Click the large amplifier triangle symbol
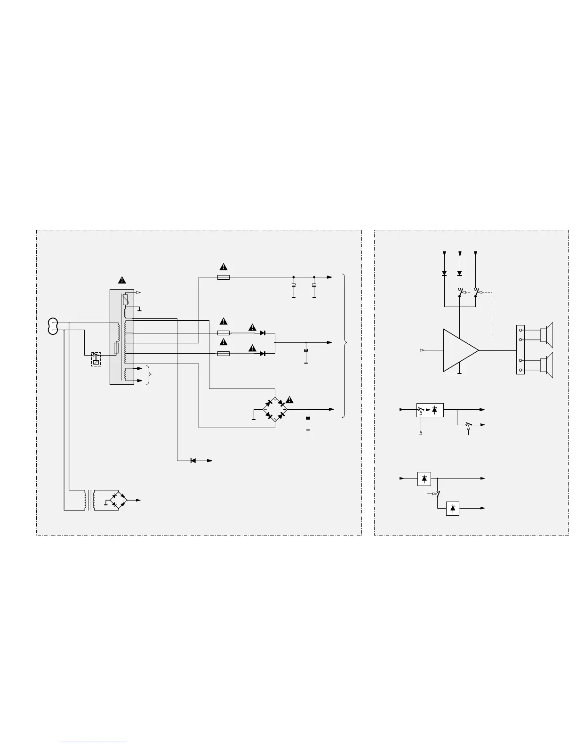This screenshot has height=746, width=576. [459, 350]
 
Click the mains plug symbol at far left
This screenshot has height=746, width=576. [53, 325]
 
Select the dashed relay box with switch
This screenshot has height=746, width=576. [96, 359]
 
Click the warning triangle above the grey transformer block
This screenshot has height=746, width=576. [122, 280]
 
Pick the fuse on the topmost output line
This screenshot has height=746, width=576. [224, 277]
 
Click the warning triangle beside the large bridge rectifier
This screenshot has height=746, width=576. [289, 400]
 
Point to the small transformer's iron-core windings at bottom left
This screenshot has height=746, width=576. [89, 500]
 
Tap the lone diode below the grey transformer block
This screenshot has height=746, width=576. [193, 460]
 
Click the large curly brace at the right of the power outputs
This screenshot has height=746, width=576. [346, 345]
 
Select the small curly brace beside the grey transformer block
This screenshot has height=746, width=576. [149, 375]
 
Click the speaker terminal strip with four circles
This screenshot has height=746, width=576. [520, 349]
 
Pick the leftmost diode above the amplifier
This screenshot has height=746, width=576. [445, 273]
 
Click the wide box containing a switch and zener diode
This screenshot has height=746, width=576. [430, 410]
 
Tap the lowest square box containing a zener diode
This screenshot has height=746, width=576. [452, 509]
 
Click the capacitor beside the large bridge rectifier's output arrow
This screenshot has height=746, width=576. [309, 418]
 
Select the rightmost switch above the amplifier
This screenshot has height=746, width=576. [476, 292]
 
